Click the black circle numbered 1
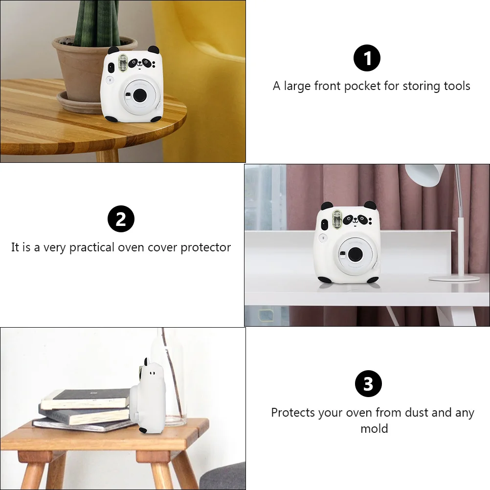pyautogui.click(x=367, y=58)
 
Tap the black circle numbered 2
pyautogui.click(x=121, y=219)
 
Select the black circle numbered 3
pyautogui.click(x=368, y=383)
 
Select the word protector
pyautogui.click(x=205, y=247)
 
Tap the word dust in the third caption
pyautogui.click(x=417, y=413)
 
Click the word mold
pyautogui.click(x=374, y=428)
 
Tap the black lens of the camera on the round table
pyautogui.click(x=140, y=95)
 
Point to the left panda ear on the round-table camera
pyautogui.click(x=113, y=51)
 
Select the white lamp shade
pyautogui.click(x=425, y=175)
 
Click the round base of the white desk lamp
pyautogui.click(x=454, y=278)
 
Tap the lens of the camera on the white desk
pyautogui.click(x=355, y=254)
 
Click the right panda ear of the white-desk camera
pyautogui.click(x=370, y=205)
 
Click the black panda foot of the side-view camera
pyautogui.click(x=143, y=431)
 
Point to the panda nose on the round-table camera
pyautogui.click(x=140, y=64)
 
